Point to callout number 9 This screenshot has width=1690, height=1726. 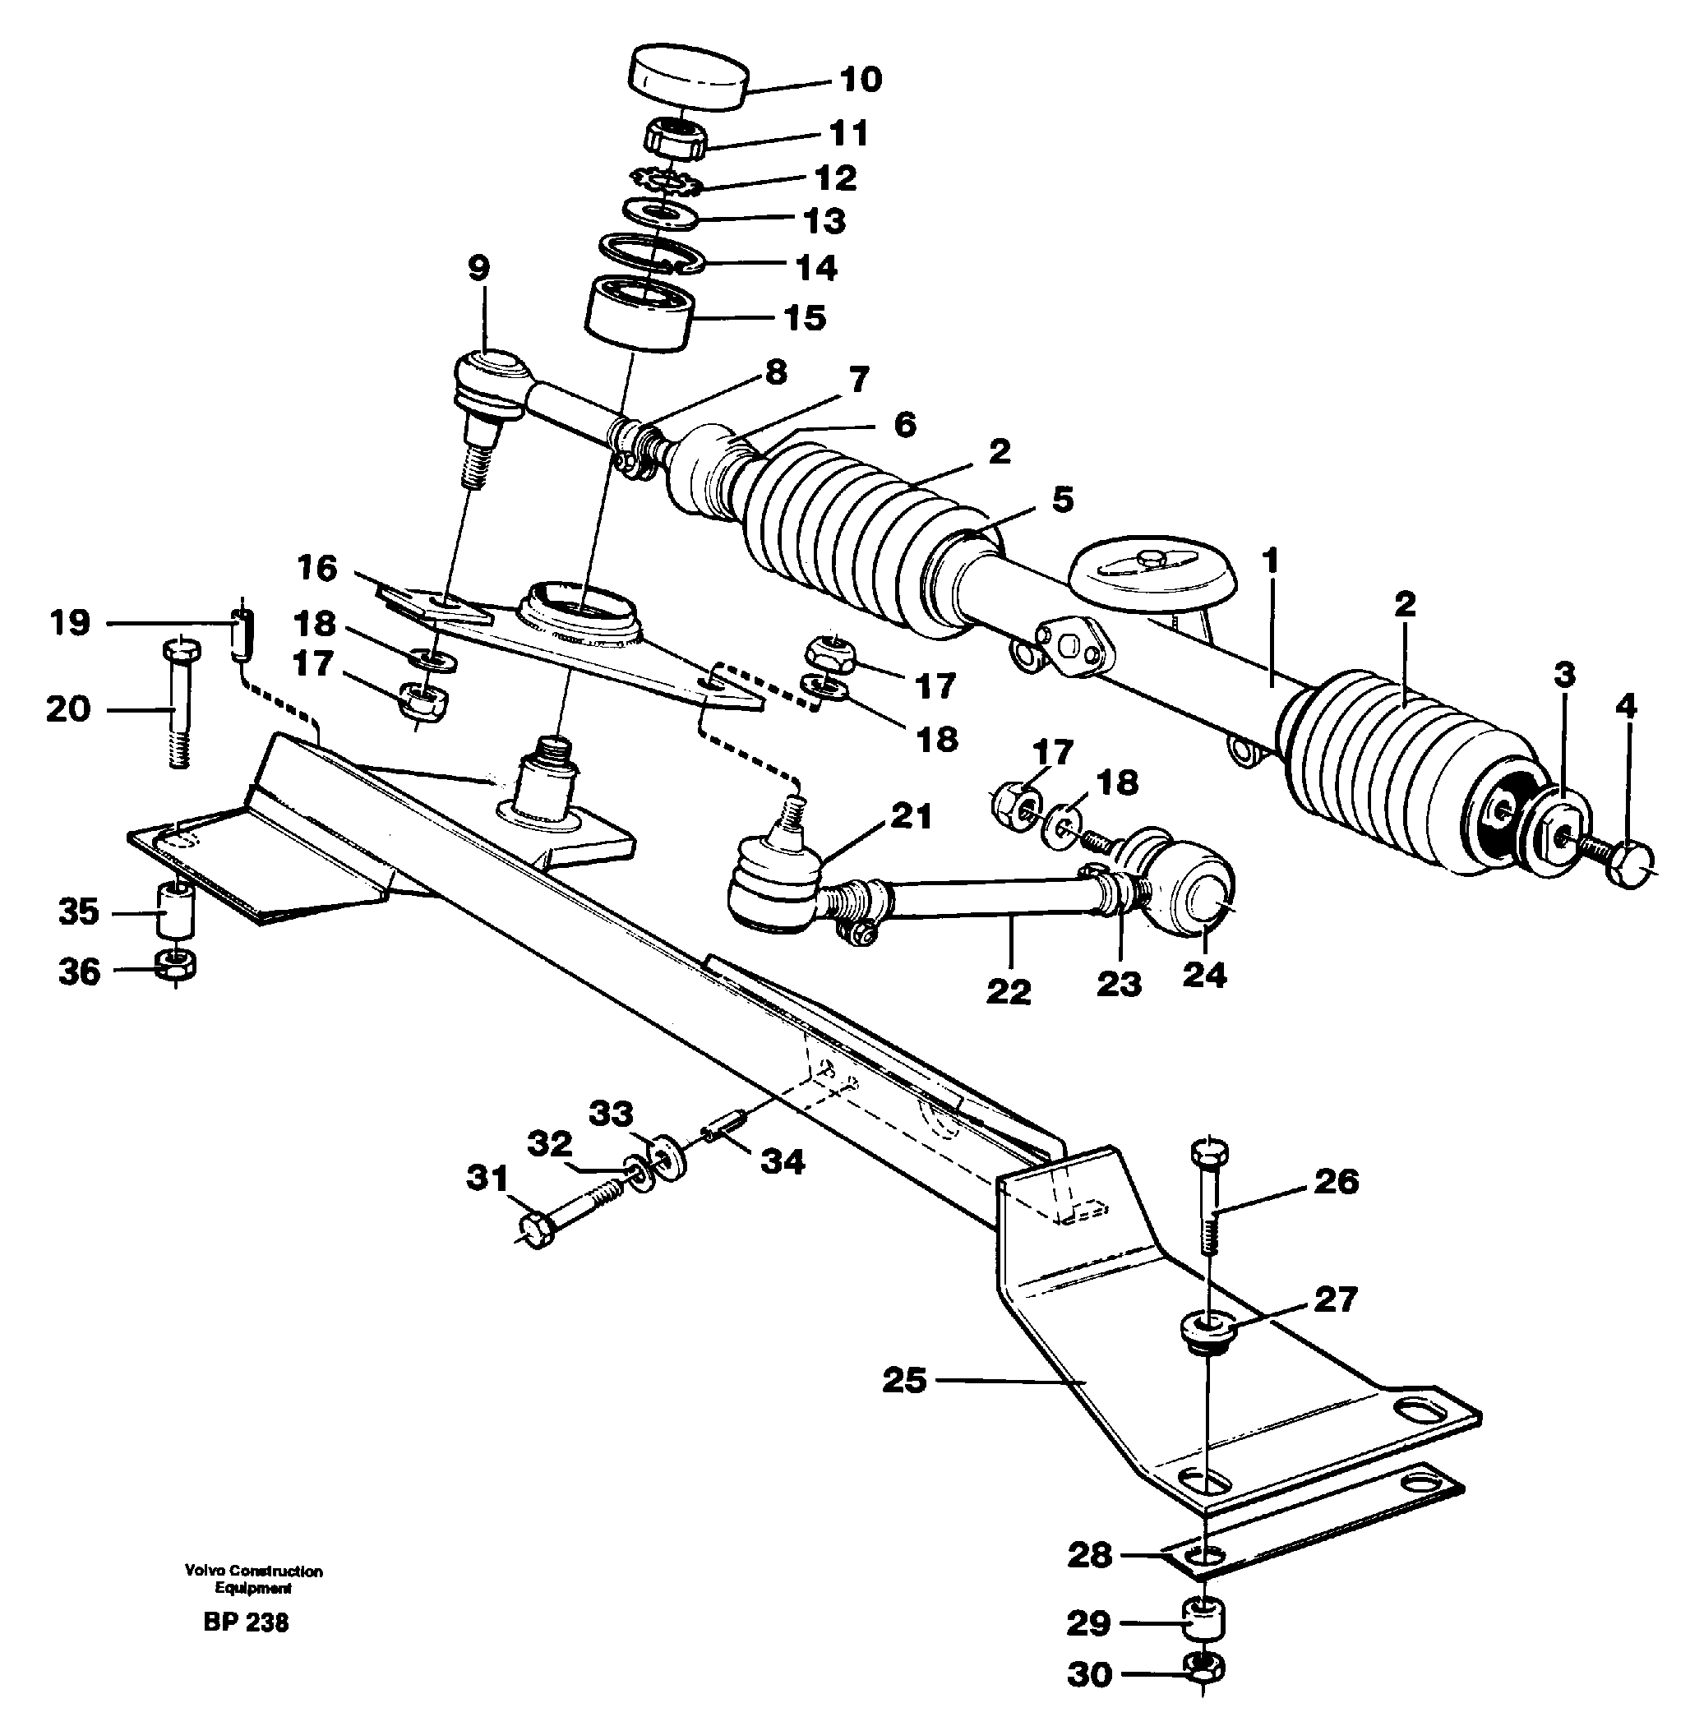478,267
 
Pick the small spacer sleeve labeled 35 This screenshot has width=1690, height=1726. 175,909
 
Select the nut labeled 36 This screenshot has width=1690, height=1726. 176,966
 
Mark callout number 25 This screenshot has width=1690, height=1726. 903,1380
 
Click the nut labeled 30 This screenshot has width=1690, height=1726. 1203,1671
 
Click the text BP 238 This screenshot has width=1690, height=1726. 246,1622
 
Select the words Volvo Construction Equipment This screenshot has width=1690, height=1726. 253,1579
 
